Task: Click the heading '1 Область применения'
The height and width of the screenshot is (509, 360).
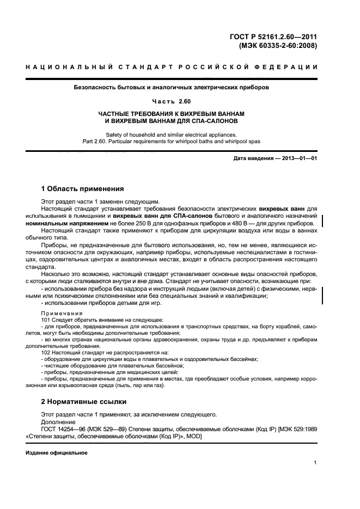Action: click(82, 189)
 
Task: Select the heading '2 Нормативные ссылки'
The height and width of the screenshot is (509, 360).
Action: click(84, 402)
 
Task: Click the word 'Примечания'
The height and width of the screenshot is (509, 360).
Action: click(62, 313)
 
